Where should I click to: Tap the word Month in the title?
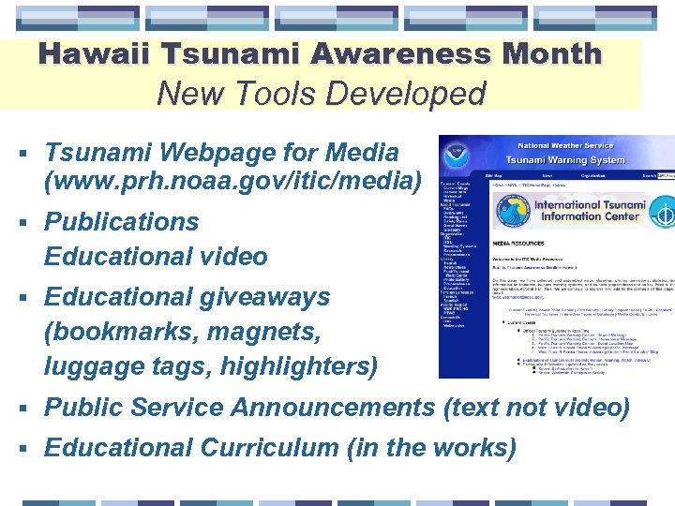[x=551, y=53]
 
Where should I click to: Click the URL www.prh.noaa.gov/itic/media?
[x=233, y=179]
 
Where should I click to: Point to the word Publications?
[x=122, y=222]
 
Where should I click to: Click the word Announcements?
[x=332, y=408]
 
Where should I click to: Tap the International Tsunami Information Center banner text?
[x=584, y=209]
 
